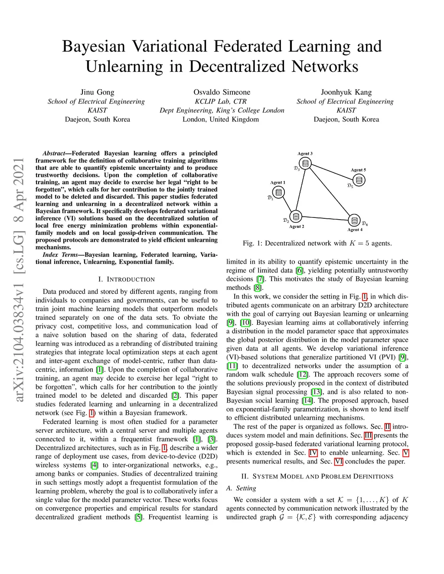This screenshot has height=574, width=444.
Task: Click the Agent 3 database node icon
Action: [x=306, y=163]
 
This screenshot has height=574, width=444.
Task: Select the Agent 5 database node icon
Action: [x=359, y=179]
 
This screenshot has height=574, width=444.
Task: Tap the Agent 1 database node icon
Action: [x=279, y=192]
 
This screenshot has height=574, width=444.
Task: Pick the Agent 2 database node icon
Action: [x=296, y=216]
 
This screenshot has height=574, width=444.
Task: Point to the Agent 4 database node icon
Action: [x=354, y=220]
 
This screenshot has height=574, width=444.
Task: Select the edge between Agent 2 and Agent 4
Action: [x=325, y=218]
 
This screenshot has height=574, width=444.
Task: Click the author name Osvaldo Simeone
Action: [x=222, y=92]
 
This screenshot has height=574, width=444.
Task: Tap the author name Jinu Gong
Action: [x=97, y=92]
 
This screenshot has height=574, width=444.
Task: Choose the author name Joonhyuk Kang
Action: [x=346, y=92]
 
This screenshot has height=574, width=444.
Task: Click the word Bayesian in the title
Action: [x=94, y=46]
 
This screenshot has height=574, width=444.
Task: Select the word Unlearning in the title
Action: [x=124, y=66]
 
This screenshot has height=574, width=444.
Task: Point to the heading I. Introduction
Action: [x=126, y=279]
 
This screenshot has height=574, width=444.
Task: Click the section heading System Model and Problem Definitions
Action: [x=317, y=477]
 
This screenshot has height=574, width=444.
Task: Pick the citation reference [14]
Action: [x=307, y=401]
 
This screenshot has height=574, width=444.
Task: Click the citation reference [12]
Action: [x=302, y=375]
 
